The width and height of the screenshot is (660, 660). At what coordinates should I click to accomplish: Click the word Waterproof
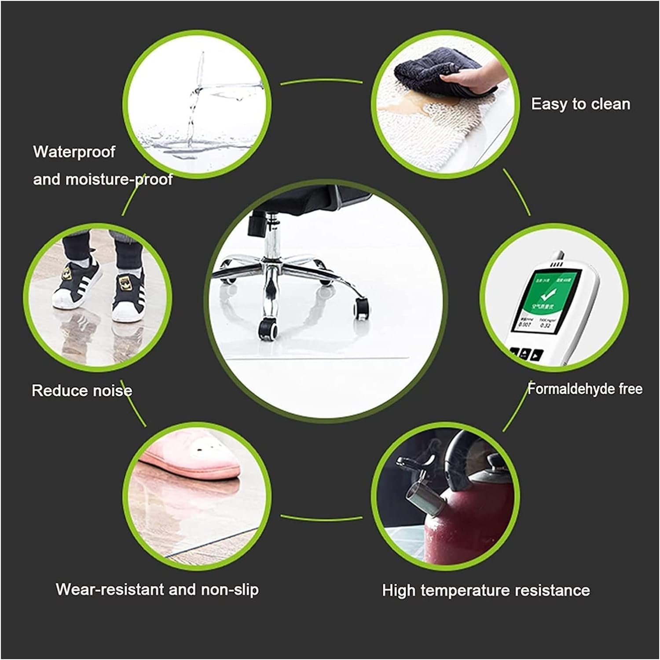(74, 152)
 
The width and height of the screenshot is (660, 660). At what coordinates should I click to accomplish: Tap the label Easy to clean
(580, 104)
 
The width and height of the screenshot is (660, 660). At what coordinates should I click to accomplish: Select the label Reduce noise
(82, 391)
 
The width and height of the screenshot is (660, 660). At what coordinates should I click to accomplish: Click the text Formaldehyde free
(585, 389)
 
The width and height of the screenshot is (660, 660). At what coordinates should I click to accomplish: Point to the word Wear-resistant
(110, 589)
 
